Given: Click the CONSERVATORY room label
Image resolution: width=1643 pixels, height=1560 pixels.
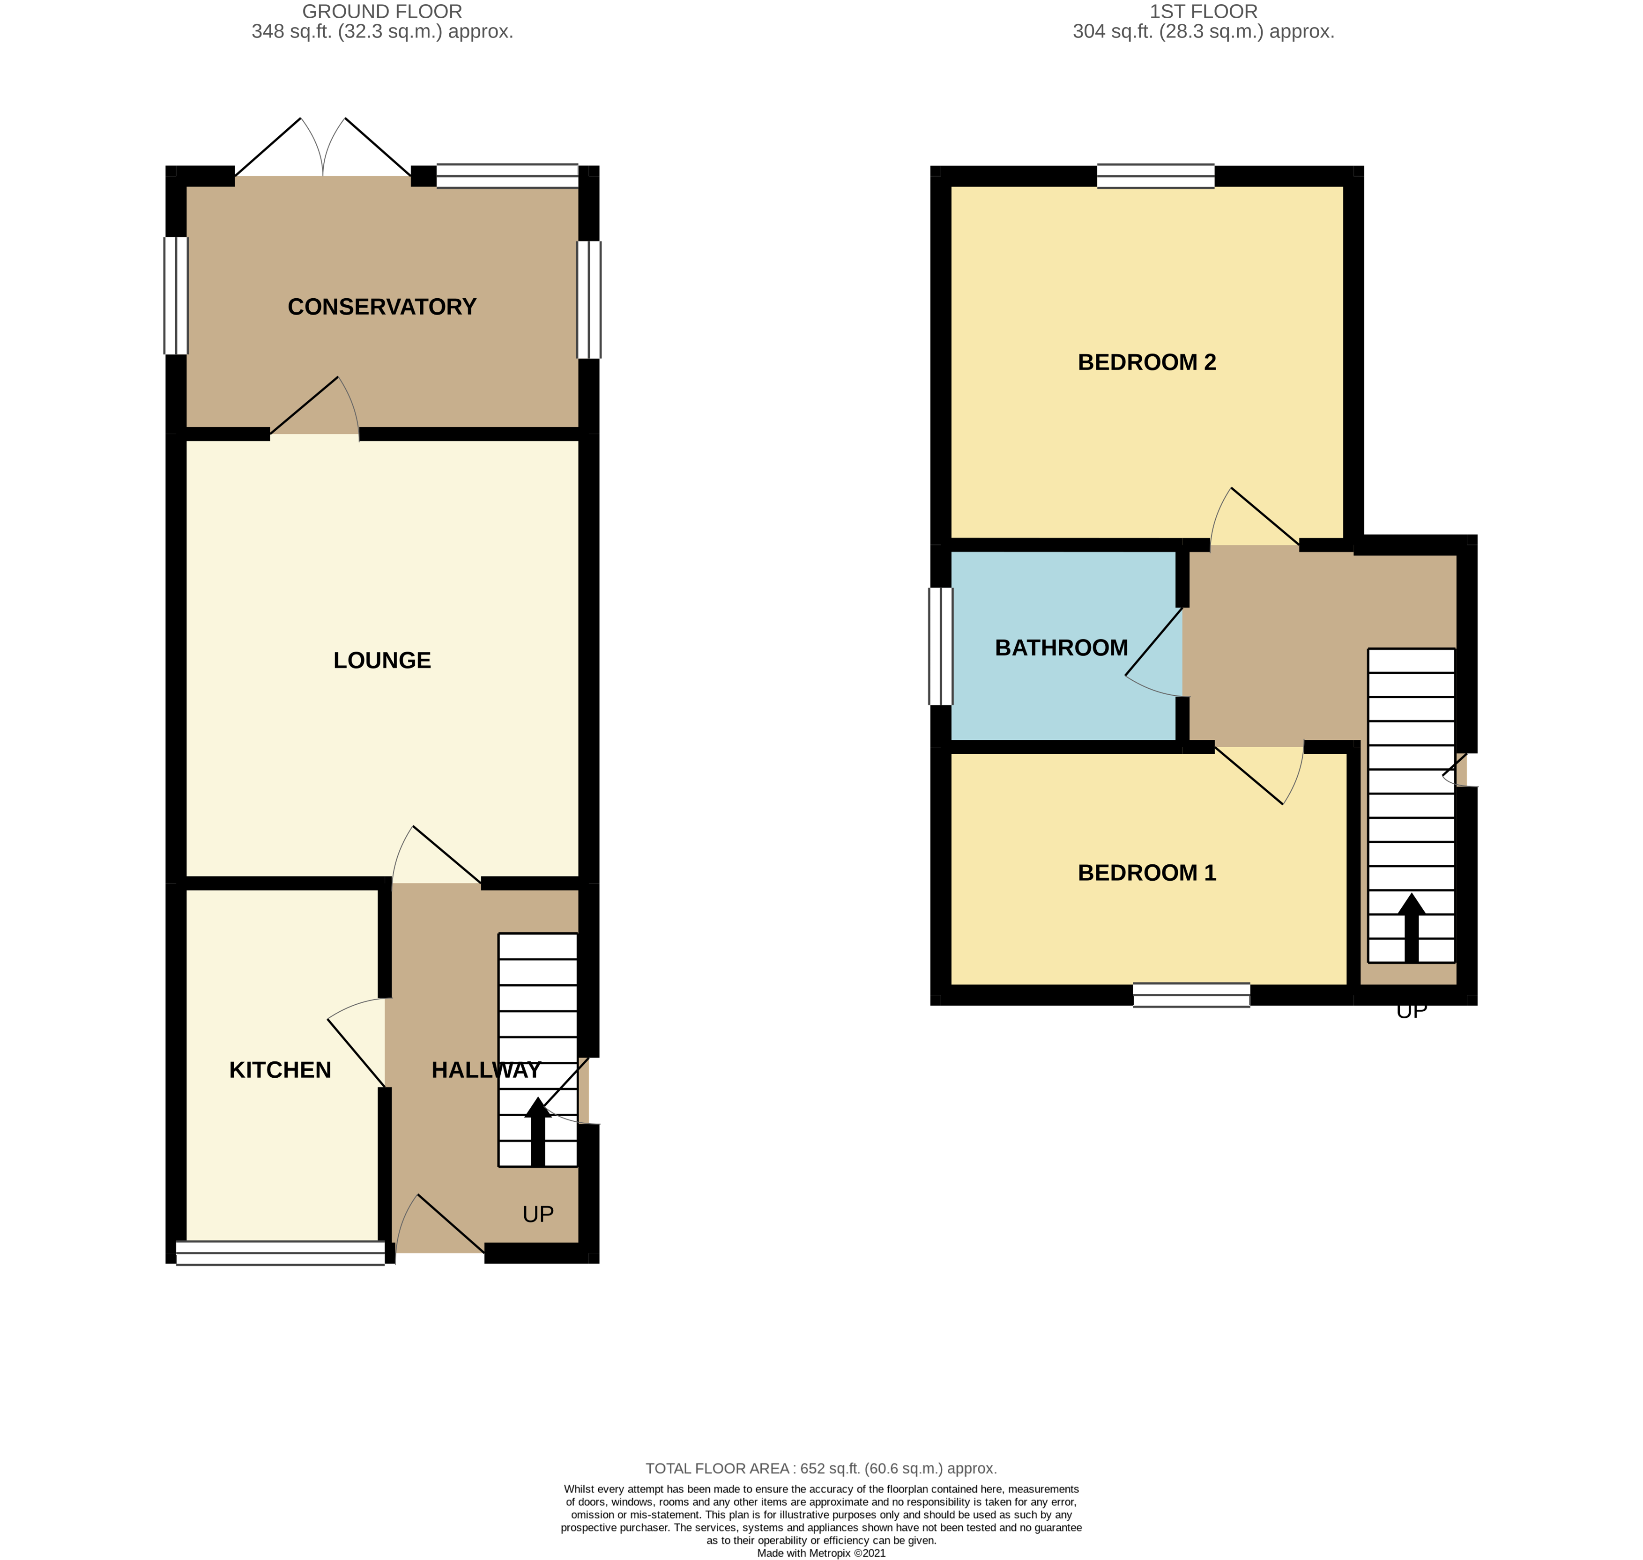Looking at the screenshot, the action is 382,307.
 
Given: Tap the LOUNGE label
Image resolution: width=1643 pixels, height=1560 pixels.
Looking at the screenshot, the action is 382,660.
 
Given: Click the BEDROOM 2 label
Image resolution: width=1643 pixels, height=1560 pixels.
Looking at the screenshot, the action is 1146,362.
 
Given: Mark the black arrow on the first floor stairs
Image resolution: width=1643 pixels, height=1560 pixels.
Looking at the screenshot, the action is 1411,928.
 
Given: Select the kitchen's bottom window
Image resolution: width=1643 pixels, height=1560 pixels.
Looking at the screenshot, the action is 280,1253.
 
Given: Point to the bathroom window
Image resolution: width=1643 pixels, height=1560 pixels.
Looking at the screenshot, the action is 941,646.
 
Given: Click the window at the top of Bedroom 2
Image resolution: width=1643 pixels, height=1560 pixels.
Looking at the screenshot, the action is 1155,177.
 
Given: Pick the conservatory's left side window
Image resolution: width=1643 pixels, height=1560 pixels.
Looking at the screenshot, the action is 176,296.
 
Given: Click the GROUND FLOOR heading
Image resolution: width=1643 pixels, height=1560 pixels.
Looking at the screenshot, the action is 382,12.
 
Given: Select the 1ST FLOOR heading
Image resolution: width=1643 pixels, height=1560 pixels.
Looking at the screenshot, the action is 1203,12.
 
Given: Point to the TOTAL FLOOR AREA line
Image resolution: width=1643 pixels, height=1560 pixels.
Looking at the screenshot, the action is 821,1469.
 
